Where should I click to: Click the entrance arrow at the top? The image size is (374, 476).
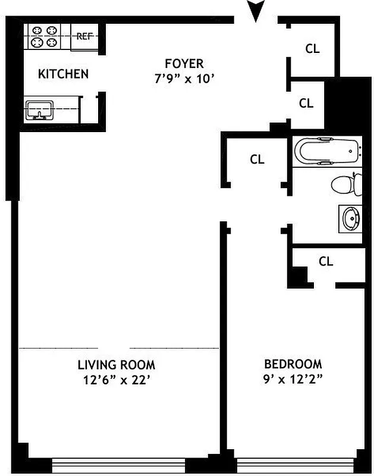click(256, 11)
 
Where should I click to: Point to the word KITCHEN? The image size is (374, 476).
click(63, 74)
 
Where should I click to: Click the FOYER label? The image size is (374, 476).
click(184, 63)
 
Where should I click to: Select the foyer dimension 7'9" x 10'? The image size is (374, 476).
click(184, 78)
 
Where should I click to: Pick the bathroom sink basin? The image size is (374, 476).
click(350, 218)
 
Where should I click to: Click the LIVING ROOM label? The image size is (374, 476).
click(117, 365)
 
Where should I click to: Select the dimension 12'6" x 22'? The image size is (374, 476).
click(117, 381)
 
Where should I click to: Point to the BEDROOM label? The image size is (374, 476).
click(293, 364)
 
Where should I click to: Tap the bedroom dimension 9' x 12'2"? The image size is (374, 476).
click(293, 381)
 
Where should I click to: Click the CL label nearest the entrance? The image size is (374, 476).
click(312, 49)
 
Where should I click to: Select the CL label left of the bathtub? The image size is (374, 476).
click(257, 159)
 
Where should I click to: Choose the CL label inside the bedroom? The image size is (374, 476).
click(326, 261)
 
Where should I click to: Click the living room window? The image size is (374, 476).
click(118, 465)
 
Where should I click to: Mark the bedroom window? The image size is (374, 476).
click(296, 465)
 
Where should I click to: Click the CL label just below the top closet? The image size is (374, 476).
click(306, 104)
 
